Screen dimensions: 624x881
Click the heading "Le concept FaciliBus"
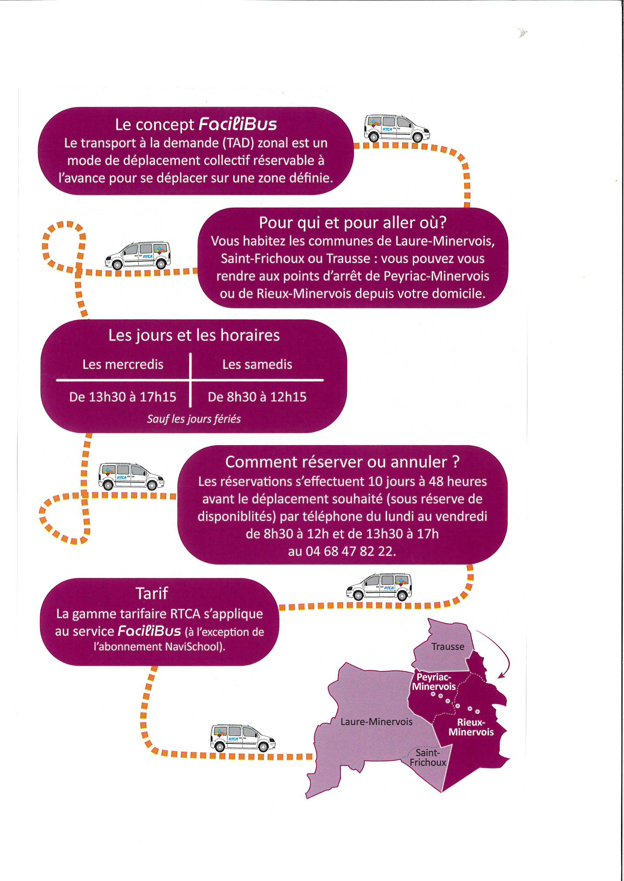point(196,124)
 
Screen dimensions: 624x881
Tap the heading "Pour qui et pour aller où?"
point(353,223)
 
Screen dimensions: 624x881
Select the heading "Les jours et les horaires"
point(194,335)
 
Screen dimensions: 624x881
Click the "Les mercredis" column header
point(123,364)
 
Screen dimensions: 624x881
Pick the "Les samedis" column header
point(257,364)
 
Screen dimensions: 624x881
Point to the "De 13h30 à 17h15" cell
point(123,397)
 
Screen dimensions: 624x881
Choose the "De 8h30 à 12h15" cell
point(257,397)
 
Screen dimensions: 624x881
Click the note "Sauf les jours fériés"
point(194,419)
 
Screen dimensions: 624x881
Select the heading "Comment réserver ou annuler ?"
point(342,462)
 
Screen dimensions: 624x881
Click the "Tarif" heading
point(152,594)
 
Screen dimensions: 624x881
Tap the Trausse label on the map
point(448,647)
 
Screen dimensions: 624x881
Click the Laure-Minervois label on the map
point(376,722)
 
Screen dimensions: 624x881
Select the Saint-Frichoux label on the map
point(428,758)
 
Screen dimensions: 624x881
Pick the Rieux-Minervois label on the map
point(471,727)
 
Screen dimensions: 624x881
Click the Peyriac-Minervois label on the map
point(434,682)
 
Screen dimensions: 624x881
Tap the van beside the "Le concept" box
point(397,128)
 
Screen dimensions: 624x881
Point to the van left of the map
point(243,738)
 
